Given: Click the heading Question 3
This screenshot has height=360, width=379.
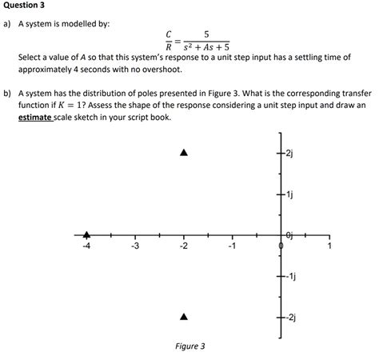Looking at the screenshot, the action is pyautogui.click(x=26, y=6).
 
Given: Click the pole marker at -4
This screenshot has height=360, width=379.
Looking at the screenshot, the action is pyautogui.click(x=87, y=234).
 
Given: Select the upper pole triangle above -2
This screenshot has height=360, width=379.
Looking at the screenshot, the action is pyautogui.click(x=184, y=152).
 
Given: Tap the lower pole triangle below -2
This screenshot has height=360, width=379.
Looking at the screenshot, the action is pyautogui.click(x=184, y=318).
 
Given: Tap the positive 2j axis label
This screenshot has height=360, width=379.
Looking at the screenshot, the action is pyautogui.click(x=290, y=154).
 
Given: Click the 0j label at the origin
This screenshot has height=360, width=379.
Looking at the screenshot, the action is pyautogui.click(x=290, y=233).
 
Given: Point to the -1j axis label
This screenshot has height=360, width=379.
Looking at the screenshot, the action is pyautogui.click(x=290, y=277).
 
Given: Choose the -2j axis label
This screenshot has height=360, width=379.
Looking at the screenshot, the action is pyautogui.click(x=290, y=318).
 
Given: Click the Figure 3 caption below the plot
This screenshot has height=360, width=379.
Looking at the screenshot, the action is pyautogui.click(x=189, y=346).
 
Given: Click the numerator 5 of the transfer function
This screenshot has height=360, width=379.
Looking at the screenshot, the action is pyautogui.click(x=207, y=34).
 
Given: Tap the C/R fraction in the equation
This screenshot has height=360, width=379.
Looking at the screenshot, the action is pyautogui.click(x=168, y=40).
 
